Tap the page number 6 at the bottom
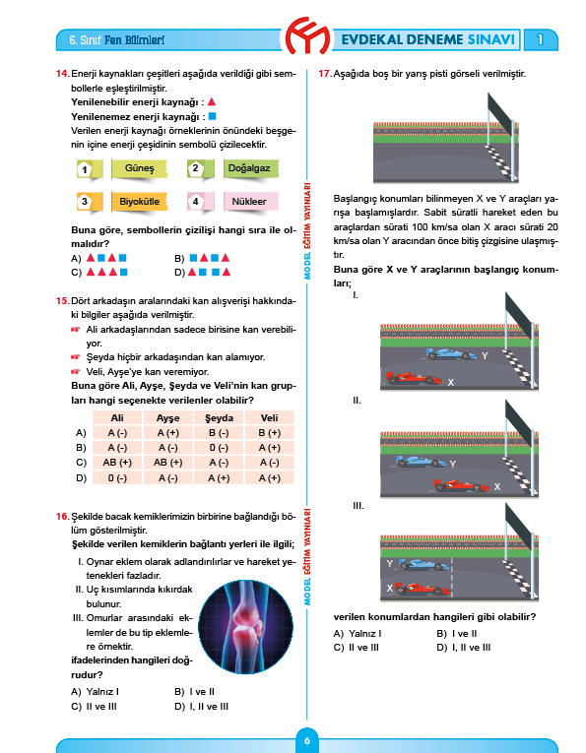[x=307, y=740]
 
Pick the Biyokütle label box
[x=139, y=202]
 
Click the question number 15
[x=62, y=300]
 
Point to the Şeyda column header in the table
[x=219, y=418]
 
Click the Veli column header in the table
[x=269, y=418]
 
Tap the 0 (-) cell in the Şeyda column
[x=219, y=448]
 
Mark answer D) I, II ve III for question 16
[x=201, y=706]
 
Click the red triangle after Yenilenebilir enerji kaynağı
[x=212, y=101]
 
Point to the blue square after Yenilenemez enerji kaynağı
[x=211, y=116]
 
